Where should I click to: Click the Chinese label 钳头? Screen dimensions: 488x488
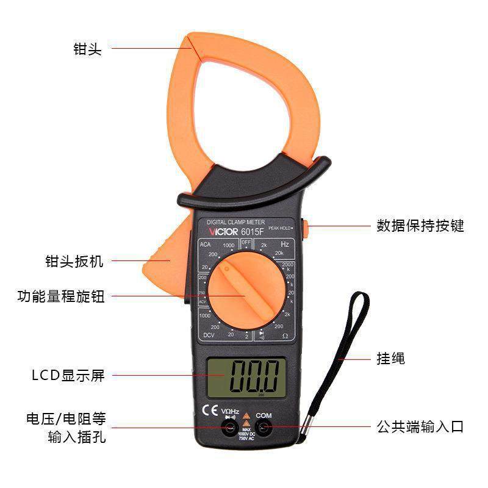87,49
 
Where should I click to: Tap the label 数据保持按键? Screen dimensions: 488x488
420,226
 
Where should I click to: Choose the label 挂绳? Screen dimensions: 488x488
390,358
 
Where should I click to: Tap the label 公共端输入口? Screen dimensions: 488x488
419,427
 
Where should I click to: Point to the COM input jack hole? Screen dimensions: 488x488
264,429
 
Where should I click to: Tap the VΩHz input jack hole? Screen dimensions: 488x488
230,429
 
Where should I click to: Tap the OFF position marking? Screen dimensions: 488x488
246,242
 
